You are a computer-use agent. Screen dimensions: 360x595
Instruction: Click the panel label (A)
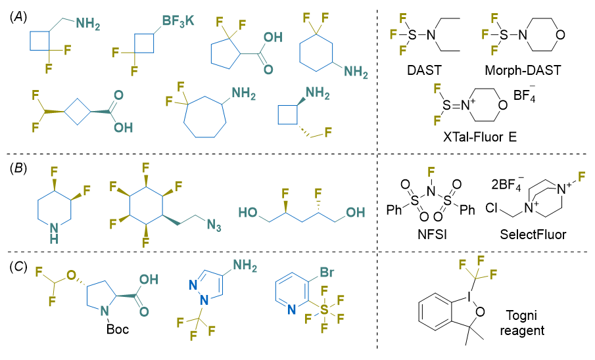click(18, 16)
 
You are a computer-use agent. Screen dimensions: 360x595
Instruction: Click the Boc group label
click(118, 328)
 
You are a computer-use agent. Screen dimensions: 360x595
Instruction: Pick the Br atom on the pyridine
click(327, 271)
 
